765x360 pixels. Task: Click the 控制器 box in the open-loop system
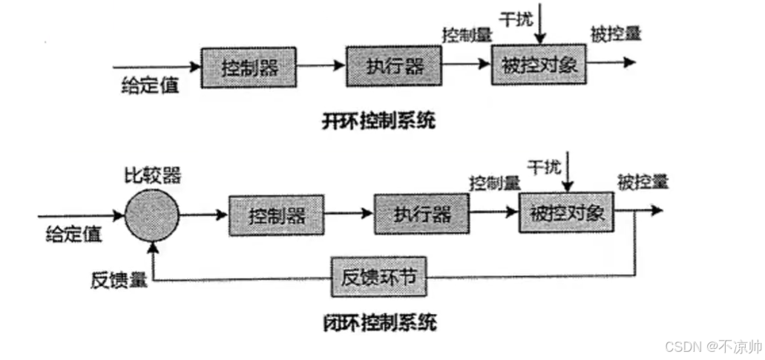[249, 68]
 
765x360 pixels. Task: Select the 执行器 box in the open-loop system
[394, 66]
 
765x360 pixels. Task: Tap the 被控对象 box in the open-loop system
[539, 65]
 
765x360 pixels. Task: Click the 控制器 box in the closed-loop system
[277, 216]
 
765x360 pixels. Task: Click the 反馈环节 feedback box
[379, 278]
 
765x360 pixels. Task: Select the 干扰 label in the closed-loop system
[544, 166]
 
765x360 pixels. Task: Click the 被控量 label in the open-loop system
[616, 33]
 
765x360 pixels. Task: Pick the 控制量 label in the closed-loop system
[494, 183]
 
